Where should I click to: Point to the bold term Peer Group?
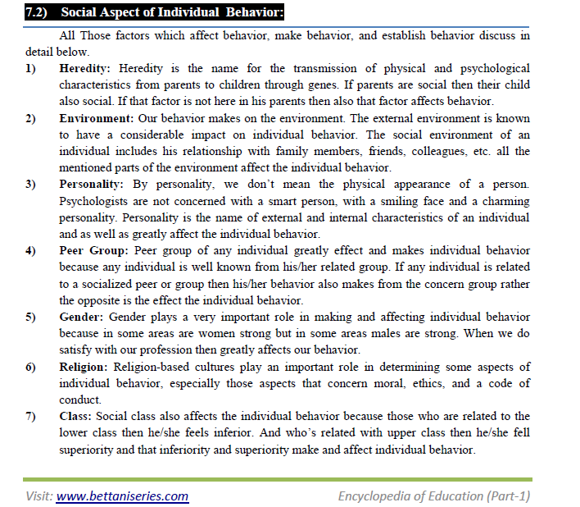[93, 251]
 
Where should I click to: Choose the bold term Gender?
[81, 317]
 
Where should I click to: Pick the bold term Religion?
[85, 367]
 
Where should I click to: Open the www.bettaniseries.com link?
[122, 496]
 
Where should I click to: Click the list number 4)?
[30, 251]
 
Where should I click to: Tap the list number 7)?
[30, 417]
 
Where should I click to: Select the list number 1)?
[30, 68]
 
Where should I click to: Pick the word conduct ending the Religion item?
[80, 400]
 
